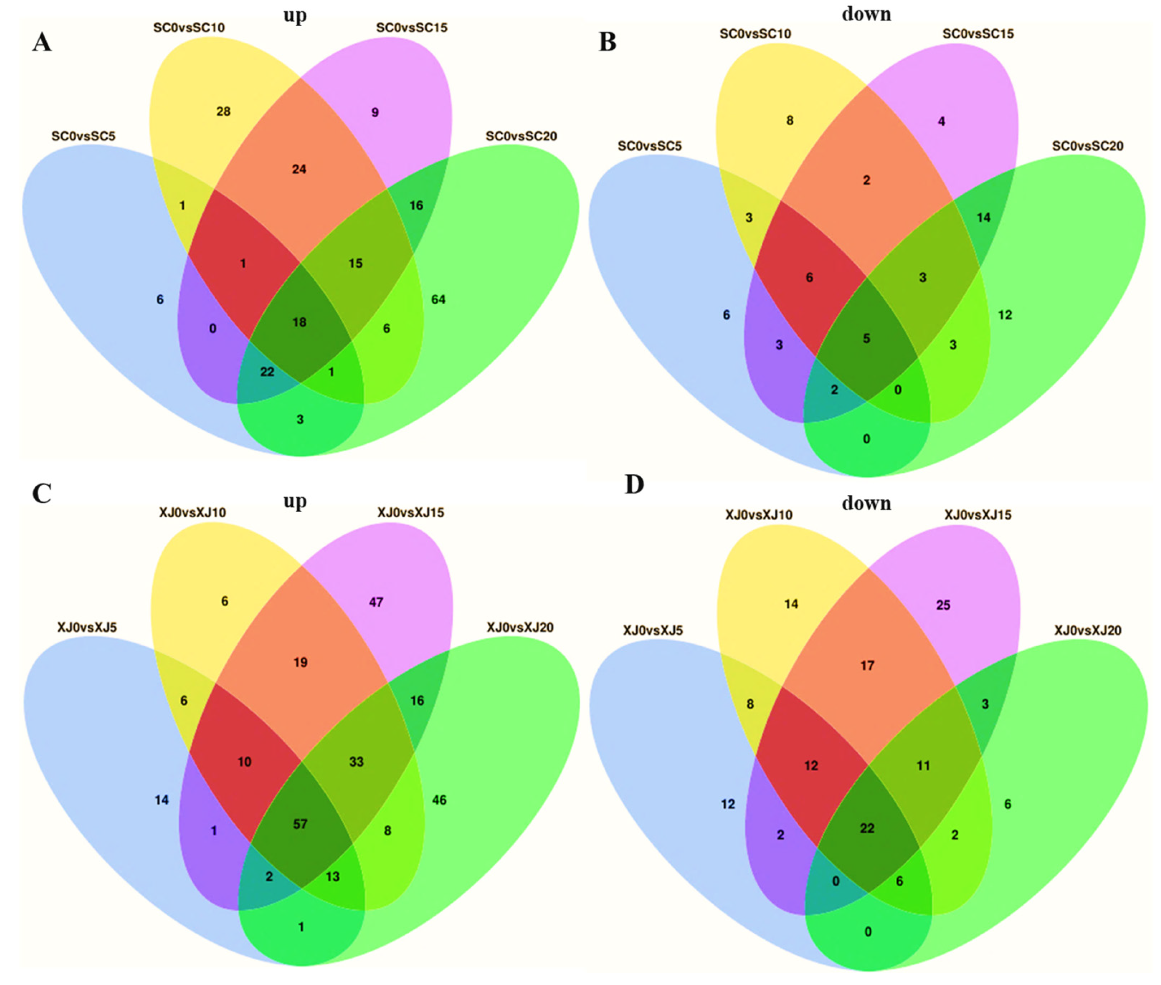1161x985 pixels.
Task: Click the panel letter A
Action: (42, 42)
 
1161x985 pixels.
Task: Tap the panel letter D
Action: (634, 484)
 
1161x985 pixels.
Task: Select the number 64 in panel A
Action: (438, 300)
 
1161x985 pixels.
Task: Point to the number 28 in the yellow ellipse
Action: (223, 112)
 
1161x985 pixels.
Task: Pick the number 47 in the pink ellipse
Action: (376, 602)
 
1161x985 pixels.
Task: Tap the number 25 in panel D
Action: (943, 605)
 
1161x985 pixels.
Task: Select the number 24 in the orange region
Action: (299, 169)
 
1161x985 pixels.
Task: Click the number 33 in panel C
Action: (356, 762)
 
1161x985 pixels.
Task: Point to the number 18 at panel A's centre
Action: (299, 322)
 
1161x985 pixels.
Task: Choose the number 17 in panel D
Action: (867, 665)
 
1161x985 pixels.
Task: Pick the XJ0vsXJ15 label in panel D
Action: (978, 515)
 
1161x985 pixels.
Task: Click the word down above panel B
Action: (866, 14)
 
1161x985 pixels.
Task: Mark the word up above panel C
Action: (295, 501)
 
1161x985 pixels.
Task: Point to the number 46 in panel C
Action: (439, 800)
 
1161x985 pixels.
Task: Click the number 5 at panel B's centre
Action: (866, 338)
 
